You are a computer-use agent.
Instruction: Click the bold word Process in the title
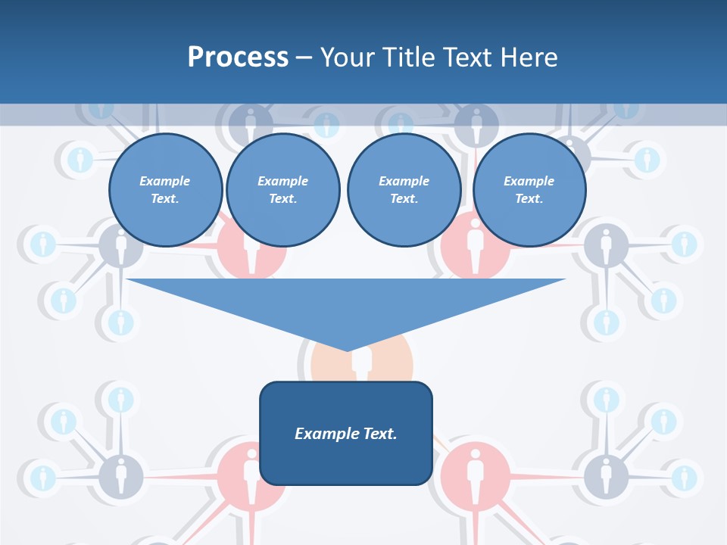click(238, 57)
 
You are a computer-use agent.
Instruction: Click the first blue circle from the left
click(165, 190)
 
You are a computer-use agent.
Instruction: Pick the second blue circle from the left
click(282, 190)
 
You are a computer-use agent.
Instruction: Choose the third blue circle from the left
click(404, 190)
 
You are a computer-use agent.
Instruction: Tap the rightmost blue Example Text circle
click(529, 190)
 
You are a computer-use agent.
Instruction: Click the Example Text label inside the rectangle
click(345, 434)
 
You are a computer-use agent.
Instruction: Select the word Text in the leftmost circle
click(164, 199)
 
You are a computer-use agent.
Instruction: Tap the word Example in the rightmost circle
click(529, 181)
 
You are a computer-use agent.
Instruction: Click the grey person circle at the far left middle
click(120, 244)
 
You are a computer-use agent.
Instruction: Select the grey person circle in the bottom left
click(120, 475)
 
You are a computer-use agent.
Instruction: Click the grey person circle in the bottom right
click(605, 475)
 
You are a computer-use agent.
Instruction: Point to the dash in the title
click(304, 58)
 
